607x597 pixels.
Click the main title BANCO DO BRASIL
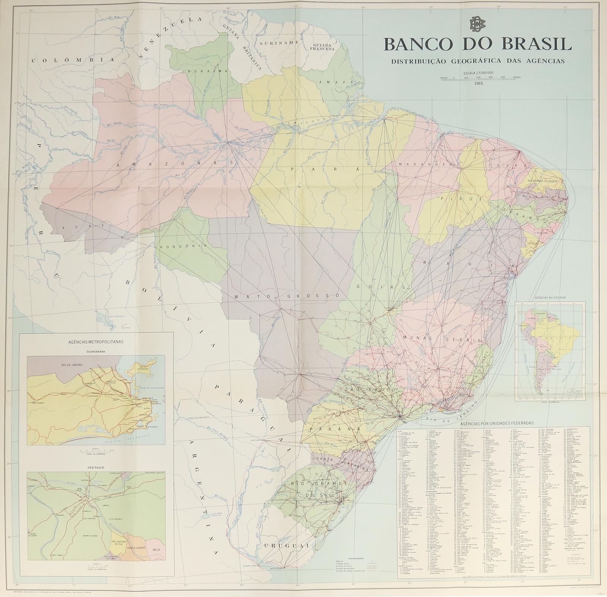[x=478, y=44]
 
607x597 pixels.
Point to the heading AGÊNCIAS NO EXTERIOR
[x=550, y=298]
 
